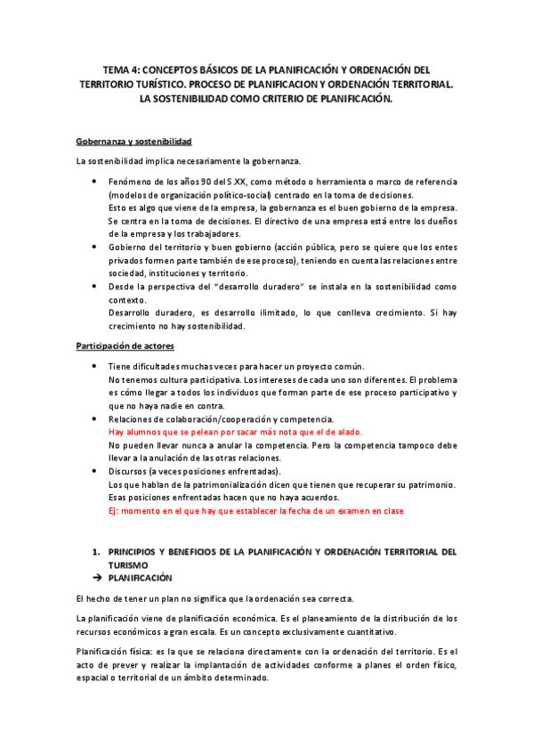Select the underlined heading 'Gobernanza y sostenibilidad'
click(x=134, y=142)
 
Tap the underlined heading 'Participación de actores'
click(x=125, y=345)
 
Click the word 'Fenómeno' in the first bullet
click(x=128, y=182)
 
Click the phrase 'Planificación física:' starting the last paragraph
click(x=117, y=651)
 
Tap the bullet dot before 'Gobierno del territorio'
click(x=95, y=247)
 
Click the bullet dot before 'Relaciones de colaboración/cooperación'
click(x=95, y=418)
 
